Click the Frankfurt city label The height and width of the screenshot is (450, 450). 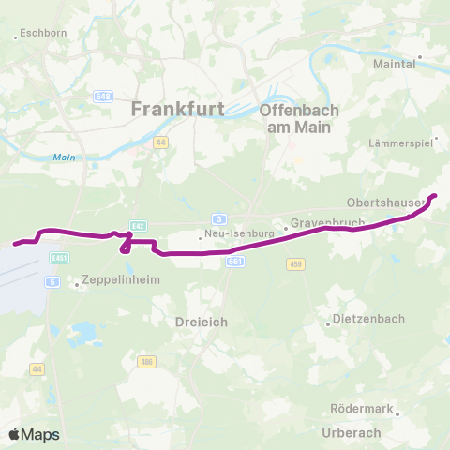click(x=177, y=109)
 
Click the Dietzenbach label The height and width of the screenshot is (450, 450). click(x=369, y=319)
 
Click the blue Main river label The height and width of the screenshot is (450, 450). click(x=63, y=157)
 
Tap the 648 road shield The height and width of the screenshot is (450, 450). click(x=103, y=96)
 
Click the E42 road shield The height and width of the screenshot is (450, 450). click(x=138, y=226)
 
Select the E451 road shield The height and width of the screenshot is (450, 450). click(x=58, y=257)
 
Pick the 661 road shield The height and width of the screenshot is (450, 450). click(x=234, y=262)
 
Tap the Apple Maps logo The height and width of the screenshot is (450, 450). click(x=34, y=434)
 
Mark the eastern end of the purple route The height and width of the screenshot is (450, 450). click(x=434, y=196)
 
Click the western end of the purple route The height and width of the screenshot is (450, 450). click(x=16, y=244)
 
